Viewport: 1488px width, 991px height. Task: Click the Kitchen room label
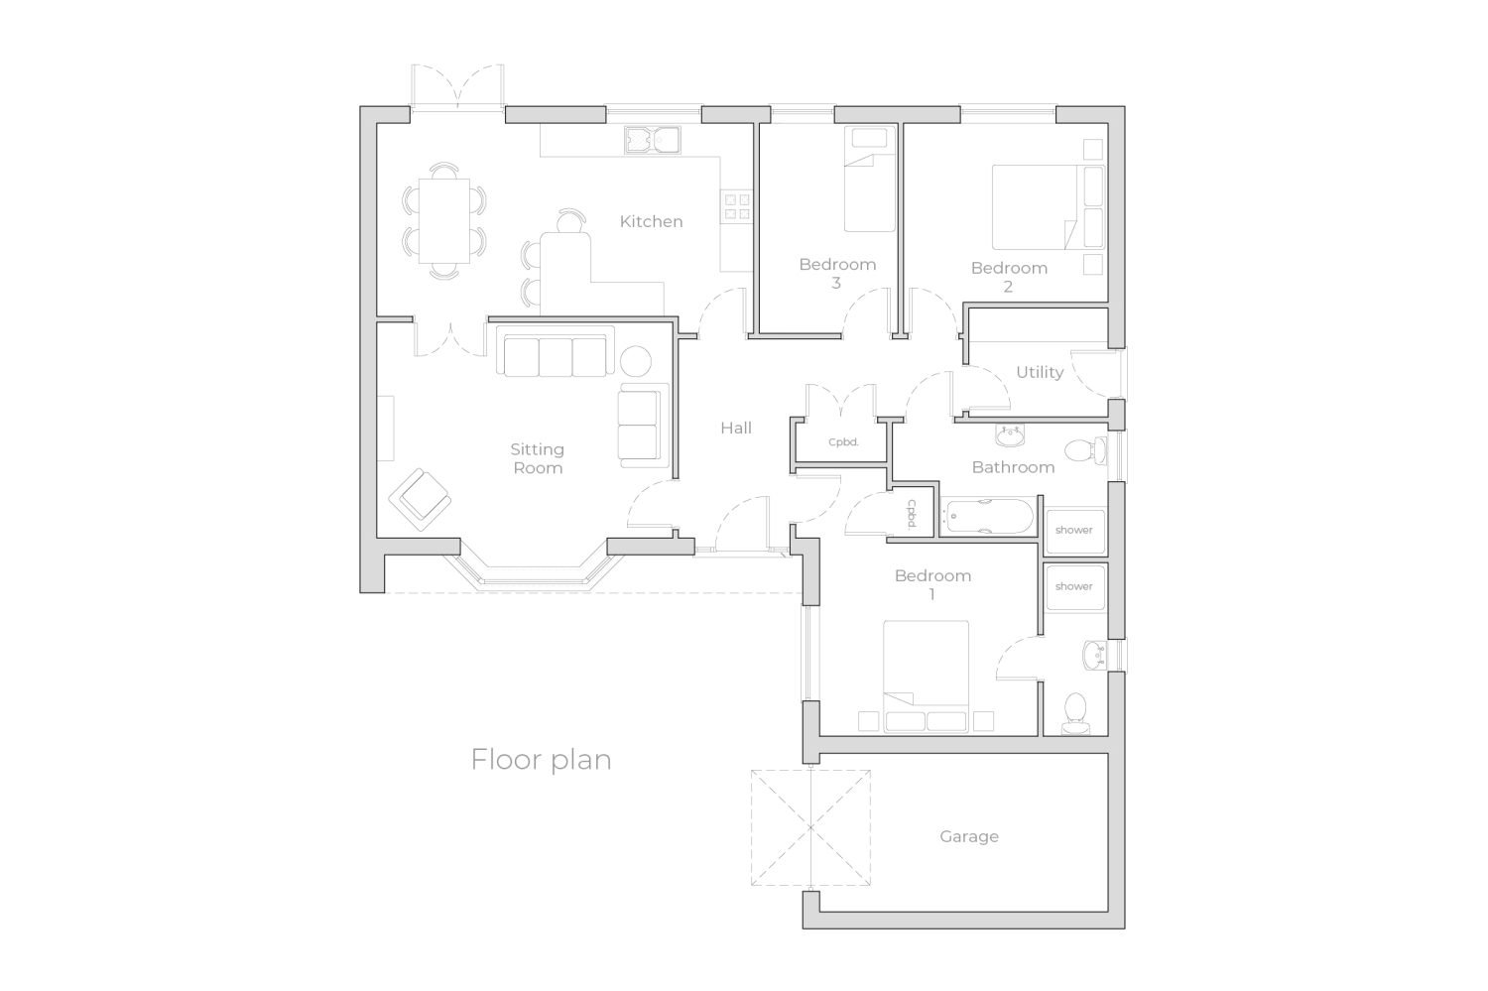(651, 222)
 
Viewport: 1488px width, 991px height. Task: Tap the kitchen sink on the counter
(653, 140)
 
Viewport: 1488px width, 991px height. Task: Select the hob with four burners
(737, 206)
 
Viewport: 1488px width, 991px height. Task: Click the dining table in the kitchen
(443, 220)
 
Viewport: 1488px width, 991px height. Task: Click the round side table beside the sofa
(636, 361)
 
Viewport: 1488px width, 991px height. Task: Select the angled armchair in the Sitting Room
(420, 500)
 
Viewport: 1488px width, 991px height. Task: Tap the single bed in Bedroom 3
(870, 180)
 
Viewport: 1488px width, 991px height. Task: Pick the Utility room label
(1040, 373)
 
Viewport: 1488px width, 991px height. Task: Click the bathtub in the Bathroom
(989, 516)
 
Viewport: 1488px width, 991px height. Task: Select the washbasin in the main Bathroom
(1010, 435)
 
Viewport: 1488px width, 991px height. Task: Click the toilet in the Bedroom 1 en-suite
(1075, 713)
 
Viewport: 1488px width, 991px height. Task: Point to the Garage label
(969, 837)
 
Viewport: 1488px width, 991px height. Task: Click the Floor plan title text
(541, 760)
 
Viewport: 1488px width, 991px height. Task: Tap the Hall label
(736, 429)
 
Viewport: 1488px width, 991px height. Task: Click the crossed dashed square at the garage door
(810, 827)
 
